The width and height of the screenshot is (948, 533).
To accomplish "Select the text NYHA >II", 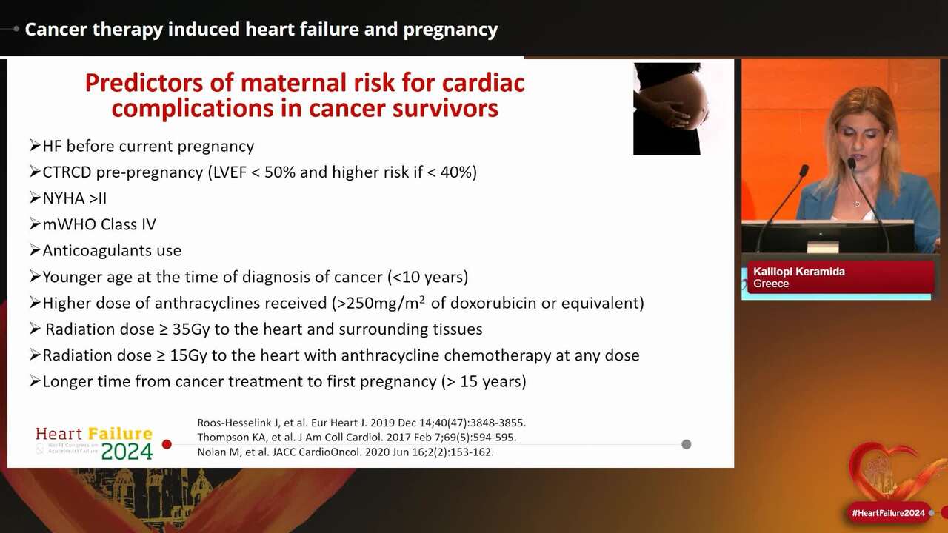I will click(x=74, y=198).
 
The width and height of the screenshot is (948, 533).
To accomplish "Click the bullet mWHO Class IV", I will click(x=99, y=224).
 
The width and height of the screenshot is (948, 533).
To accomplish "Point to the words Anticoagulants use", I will click(x=112, y=250).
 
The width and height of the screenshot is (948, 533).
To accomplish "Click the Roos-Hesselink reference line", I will click(x=361, y=423).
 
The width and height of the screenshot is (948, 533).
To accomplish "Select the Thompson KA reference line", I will click(x=356, y=437).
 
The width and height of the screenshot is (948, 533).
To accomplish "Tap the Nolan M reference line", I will click(x=345, y=452).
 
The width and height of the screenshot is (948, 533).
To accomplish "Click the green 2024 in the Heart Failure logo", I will click(x=127, y=451).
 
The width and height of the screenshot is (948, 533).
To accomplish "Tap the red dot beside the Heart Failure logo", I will click(x=167, y=444).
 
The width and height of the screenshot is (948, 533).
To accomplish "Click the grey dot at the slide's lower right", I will click(x=687, y=444).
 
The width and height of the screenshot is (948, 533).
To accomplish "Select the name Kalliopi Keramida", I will click(x=799, y=272).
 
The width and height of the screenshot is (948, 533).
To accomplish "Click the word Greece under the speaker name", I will click(x=771, y=284).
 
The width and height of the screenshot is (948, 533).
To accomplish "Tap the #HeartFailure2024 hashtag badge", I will click(x=888, y=513).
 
